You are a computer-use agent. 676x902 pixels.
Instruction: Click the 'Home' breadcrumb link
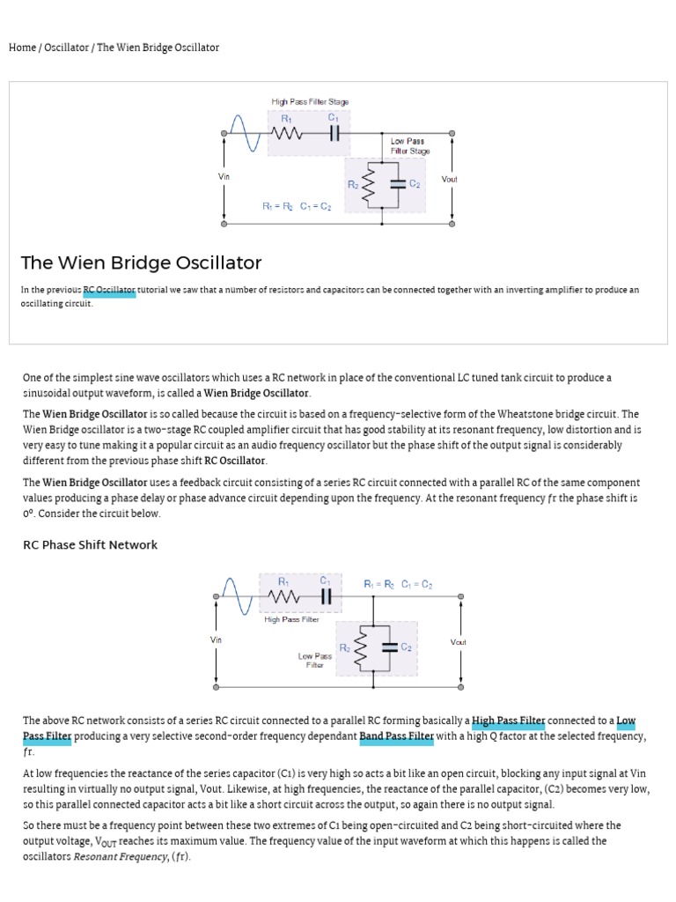22,48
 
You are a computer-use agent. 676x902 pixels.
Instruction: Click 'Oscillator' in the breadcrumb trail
66,48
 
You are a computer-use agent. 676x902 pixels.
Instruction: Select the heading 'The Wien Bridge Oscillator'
141,262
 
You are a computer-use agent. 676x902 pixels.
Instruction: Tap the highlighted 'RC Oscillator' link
110,290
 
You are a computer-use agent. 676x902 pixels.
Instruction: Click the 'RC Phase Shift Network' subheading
90,545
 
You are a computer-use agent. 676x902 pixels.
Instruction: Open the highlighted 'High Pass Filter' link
509,721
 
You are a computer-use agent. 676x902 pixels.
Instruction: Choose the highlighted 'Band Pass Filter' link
396,736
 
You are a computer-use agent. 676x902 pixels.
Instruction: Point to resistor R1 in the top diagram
286,134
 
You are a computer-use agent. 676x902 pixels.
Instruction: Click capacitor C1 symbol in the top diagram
334,134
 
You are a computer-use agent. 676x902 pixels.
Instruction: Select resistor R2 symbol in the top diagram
369,184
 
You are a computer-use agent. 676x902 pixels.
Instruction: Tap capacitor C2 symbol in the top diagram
397,184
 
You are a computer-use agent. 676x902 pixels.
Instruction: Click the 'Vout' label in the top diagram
450,179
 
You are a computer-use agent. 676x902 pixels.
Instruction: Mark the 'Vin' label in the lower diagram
217,640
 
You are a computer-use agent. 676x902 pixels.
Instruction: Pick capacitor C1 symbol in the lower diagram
326,597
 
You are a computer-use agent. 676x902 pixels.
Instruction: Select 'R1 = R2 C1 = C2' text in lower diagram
398,583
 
